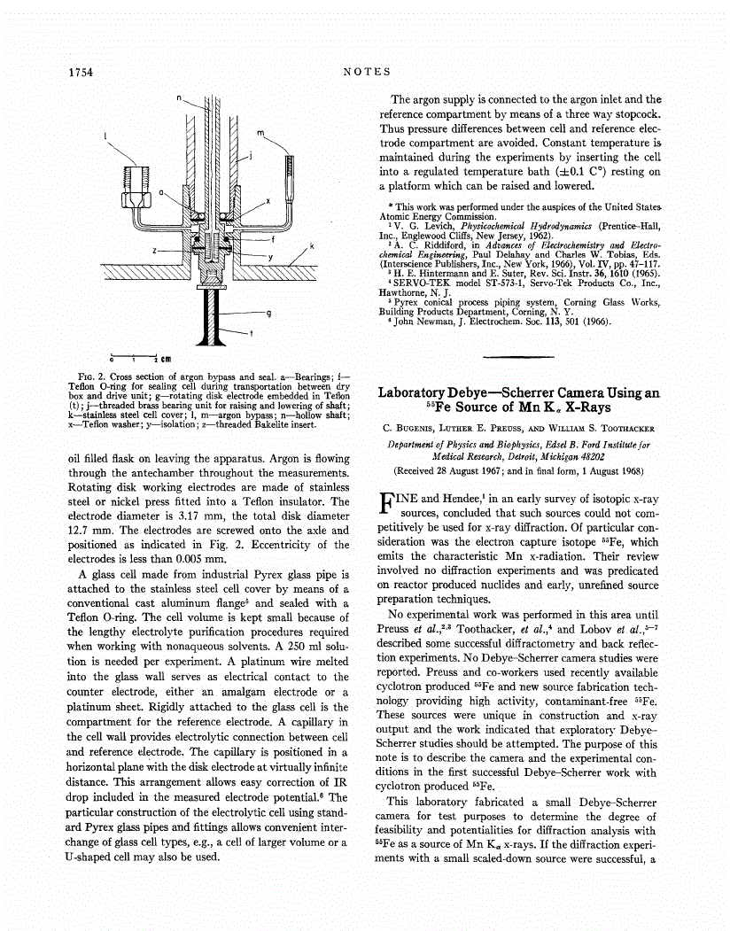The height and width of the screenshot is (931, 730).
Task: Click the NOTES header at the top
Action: [366, 72]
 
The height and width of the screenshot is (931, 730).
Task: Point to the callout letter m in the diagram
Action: [261, 133]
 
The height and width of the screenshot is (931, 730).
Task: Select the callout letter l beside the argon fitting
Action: [106, 136]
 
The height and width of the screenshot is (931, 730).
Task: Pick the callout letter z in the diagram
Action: [156, 251]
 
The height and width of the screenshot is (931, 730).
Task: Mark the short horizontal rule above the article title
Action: [514, 356]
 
